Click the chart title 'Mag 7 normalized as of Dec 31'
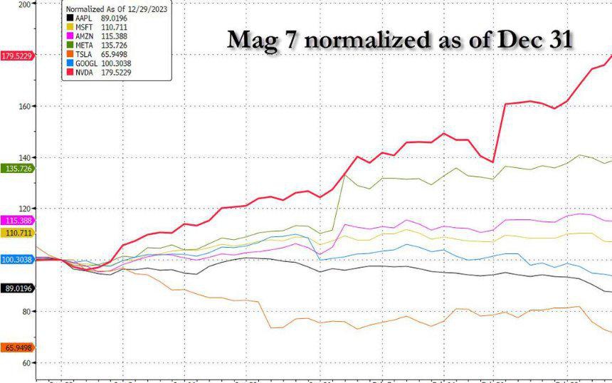400,40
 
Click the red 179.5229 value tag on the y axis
17,56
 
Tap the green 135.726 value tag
17,169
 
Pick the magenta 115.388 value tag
17,221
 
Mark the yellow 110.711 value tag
17,233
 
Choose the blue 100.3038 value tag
17,260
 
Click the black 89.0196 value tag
17,288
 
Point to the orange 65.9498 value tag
17,347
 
